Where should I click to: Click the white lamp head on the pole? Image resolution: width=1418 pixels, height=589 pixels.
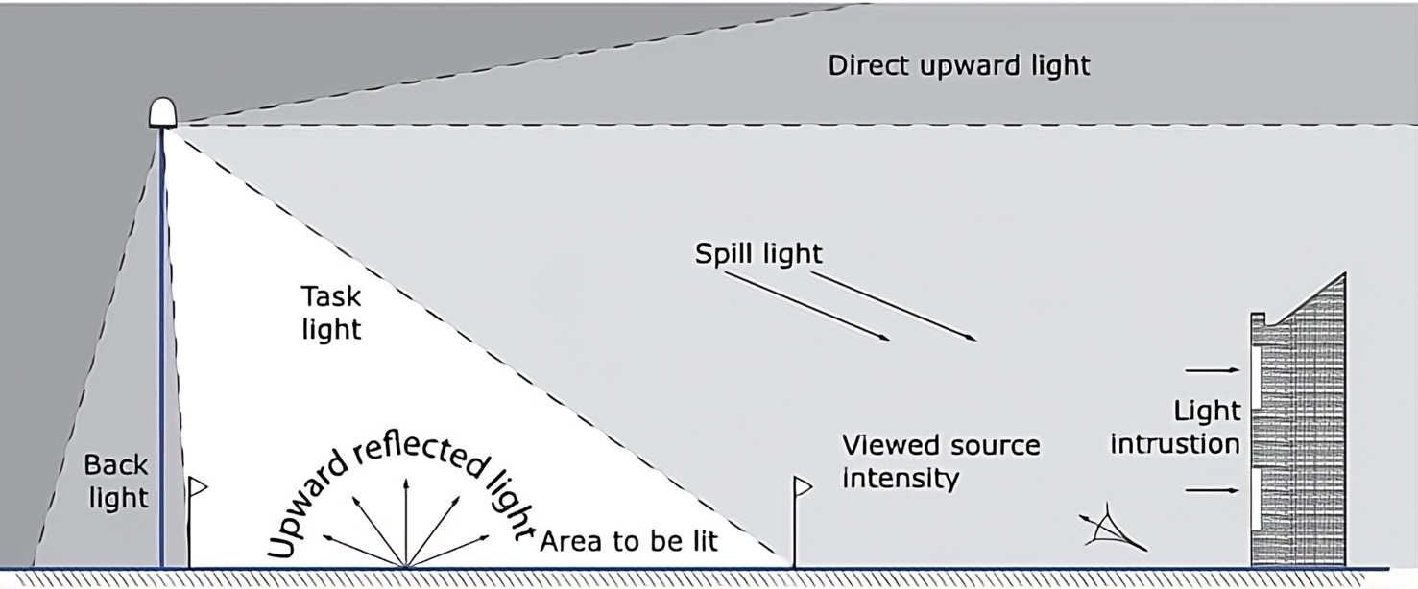coord(163,112)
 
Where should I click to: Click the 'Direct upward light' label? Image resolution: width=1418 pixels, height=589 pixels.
coord(959,66)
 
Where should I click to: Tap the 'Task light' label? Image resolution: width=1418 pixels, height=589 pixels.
coord(331,312)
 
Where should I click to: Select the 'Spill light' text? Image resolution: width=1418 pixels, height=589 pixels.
coord(759,253)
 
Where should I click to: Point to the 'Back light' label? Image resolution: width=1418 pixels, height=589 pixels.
coord(116,482)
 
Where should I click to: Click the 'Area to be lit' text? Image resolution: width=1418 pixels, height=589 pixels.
coord(629,541)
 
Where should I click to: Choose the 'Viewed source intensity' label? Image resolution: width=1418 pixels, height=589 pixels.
coord(940,460)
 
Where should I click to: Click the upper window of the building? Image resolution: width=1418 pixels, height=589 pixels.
coord(1256,370)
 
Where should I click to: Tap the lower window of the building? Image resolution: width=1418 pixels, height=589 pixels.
coord(1256,498)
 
